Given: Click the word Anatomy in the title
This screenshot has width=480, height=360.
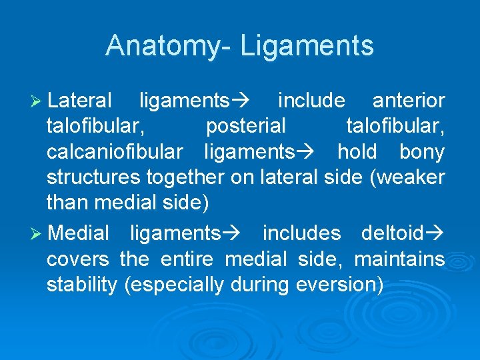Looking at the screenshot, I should pyautogui.click(x=167, y=46).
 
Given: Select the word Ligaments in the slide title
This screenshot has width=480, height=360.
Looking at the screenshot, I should pyautogui.click(x=307, y=46).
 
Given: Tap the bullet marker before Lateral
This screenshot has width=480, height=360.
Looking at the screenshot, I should pyautogui.click(x=39, y=101).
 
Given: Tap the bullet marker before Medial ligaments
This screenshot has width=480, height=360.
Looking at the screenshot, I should pyautogui.click(x=39, y=233).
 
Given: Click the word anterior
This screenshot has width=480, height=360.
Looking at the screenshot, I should pyautogui.click(x=408, y=101).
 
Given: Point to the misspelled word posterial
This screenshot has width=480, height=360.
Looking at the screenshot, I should pyautogui.click(x=246, y=126).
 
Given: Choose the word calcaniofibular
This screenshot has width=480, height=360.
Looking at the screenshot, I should pyautogui.click(x=114, y=152).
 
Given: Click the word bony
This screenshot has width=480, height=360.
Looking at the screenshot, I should pyautogui.click(x=421, y=152).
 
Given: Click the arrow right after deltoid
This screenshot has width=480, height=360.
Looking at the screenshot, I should pyautogui.click(x=436, y=233).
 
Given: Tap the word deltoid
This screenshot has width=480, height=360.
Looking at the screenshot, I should pyautogui.click(x=392, y=233).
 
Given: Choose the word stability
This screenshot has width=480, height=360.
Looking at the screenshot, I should pyautogui.click(x=83, y=285).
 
